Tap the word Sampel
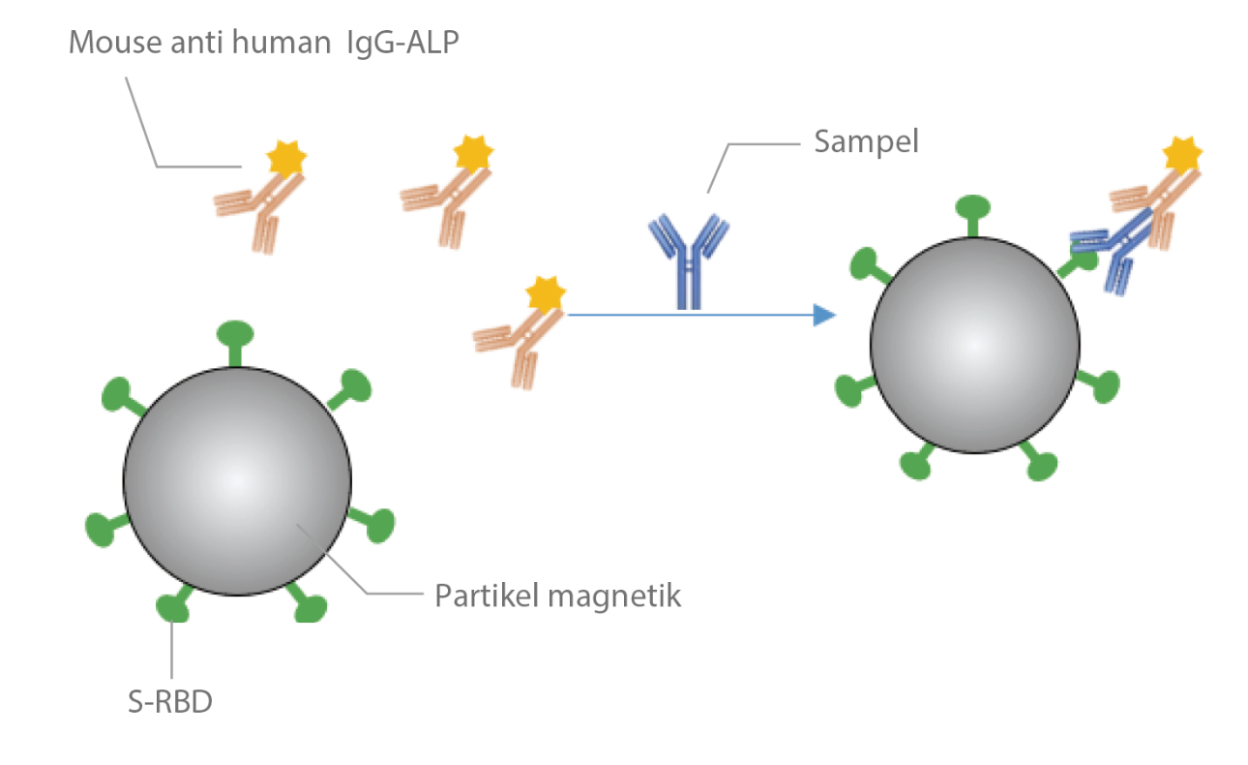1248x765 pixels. click(x=866, y=142)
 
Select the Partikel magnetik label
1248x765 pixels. click(x=558, y=595)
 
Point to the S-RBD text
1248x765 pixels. click(x=170, y=699)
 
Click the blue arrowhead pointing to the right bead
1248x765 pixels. click(x=823, y=315)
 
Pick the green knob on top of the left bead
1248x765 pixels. click(x=234, y=334)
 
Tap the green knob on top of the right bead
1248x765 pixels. click(x=973, y=207)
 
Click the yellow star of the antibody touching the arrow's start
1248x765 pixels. click(x=545, y=294)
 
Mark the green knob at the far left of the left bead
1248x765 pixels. click(x=101, y=528)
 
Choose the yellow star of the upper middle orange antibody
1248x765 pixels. click(x=473, y=155)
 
